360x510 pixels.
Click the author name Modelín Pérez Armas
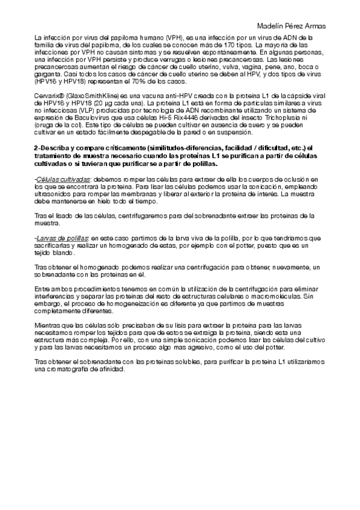(291, 26)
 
